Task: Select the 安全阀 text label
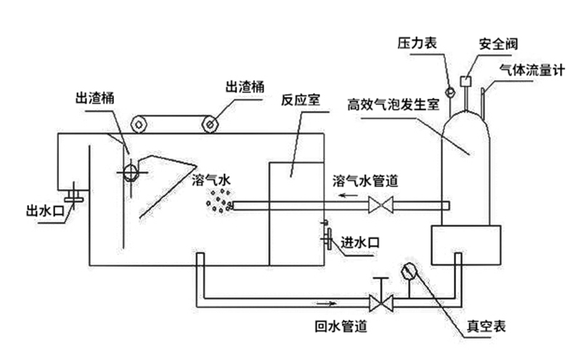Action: [x=497, y=43]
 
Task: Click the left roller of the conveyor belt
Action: [x=137, y=124]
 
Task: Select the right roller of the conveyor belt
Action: [x=211, y=124]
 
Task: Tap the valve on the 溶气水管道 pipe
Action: [x=381, y=206]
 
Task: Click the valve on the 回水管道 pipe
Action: [x=381, y=300]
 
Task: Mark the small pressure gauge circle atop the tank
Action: [x=450, y=92]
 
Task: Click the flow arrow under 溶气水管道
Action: [x=352, y=194]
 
